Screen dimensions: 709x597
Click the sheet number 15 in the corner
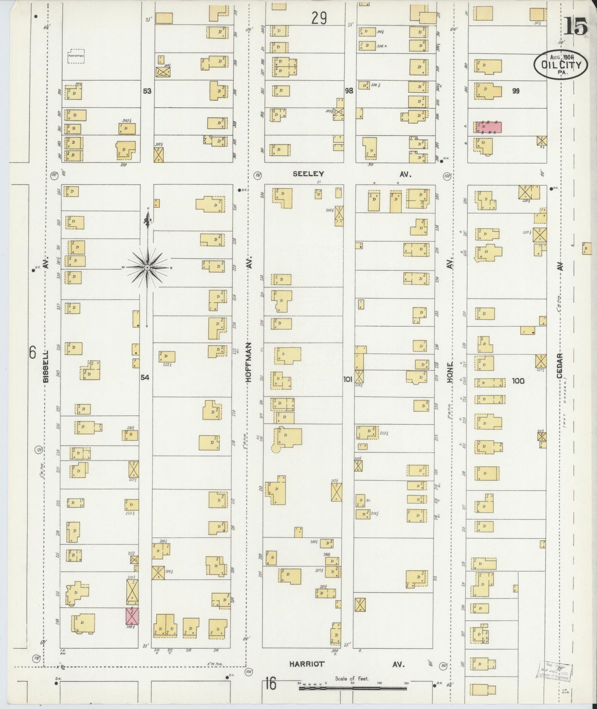pyautogui.click(x=576, y=27)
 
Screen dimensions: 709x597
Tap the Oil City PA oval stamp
pyautogui.click(x=561, y=64)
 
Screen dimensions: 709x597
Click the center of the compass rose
pyautogui.click(x=147, y=268)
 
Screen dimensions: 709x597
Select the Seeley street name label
pyautogui.click(x=308, y=174)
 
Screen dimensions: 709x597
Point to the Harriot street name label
pyautogui.click(x=307, y=664)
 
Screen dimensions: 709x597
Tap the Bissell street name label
pyautogui.click(x=46, y=366)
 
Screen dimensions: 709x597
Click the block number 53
pyautogui.click(x=147, y=91)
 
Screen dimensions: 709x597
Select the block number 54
pyautogui.click(x=145, y=377)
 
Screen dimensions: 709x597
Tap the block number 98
pyautogui.click(x=349, y=91)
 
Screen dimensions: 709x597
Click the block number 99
pyautogui.click(x=515, y=91)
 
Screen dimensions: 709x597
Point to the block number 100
pyautogui.click(x=518, y=381)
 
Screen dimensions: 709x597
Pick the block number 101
pyautogui.click(x=348, y=378)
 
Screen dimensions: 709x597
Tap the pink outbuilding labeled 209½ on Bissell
pyautogui.click(x=132, y=616)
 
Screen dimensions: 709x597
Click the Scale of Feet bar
pyautogui.click(x=353, y=688)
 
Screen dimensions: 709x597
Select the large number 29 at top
pyautogui.click(x=319, y=18)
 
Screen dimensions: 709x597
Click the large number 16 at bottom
pyautogui.click(x=270, y=684)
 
